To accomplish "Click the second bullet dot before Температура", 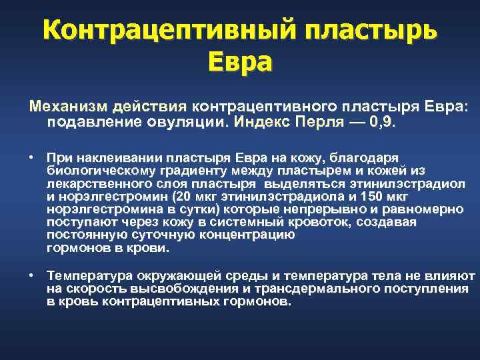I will pyautogui.click(x=31, y=276).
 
